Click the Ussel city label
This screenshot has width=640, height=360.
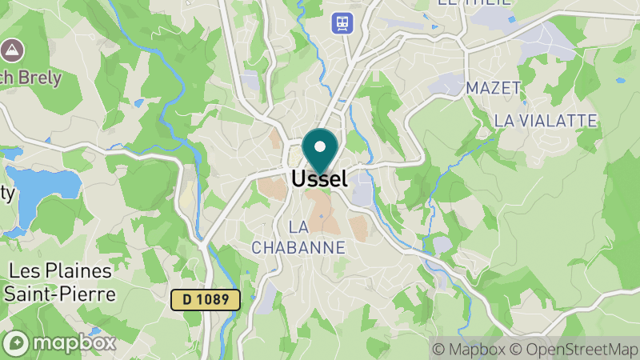[319, 179]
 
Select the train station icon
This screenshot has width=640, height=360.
[342, 22]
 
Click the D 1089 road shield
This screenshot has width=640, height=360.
[206, 300]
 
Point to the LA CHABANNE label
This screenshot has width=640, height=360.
[298, 237]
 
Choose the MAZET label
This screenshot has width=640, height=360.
[493, 87]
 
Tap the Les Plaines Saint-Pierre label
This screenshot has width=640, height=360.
[59, 282]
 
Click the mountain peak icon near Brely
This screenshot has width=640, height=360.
[12, 50]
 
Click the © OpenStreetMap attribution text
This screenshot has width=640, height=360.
[574, 349]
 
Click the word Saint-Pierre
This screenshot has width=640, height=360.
[59, 294]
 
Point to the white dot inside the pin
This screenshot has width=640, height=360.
[320, 147]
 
